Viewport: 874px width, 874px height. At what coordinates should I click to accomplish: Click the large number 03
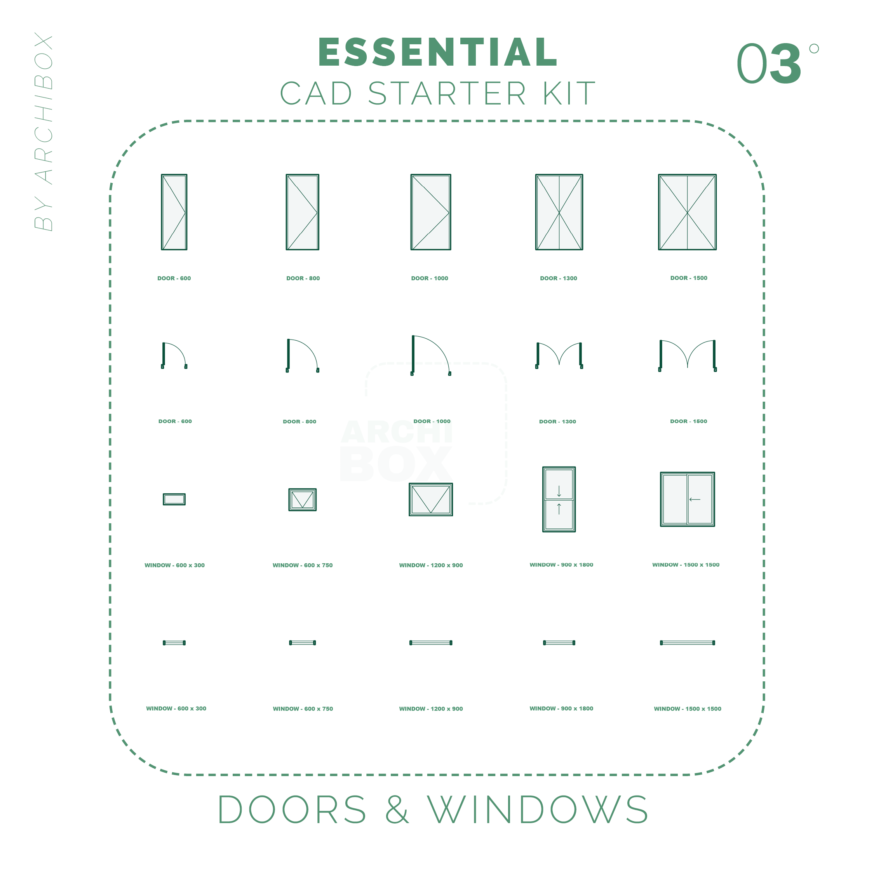pos(769,64)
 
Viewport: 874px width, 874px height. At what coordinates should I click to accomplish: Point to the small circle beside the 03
pos(814,49)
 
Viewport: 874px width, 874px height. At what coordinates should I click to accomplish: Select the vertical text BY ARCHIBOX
pos(44,131)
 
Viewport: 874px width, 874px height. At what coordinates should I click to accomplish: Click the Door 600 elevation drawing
pos(174,212)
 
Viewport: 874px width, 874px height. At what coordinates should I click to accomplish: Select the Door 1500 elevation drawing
pos(687,212)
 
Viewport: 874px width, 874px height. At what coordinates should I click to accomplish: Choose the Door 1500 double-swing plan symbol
pos(687,355)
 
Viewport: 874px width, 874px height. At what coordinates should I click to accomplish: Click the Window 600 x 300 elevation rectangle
pos(174,499)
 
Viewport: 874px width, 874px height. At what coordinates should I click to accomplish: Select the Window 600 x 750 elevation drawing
pos(302,500)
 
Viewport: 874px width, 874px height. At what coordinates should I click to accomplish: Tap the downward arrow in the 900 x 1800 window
pos(559,491)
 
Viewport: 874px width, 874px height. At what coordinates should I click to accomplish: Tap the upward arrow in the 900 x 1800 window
pos(559,508)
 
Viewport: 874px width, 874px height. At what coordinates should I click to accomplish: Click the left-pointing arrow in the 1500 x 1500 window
pos(695,500)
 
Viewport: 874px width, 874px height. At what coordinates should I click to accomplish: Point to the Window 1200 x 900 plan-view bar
pos(431,643)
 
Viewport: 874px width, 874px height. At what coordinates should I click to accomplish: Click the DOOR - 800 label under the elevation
pos(303,278)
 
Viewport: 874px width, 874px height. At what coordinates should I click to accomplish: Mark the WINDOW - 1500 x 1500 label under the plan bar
pos(687,709)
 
